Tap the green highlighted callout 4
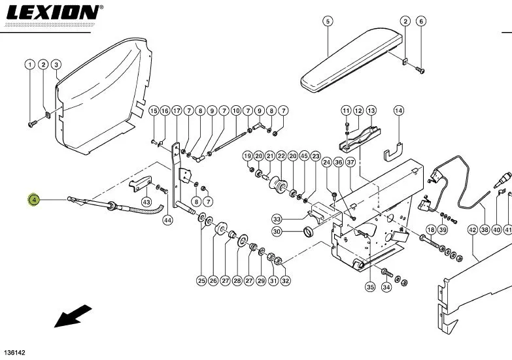34,199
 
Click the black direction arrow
73,316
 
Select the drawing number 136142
14,353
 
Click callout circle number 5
328,22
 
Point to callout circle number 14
399,110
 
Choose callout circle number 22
281,156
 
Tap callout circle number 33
277,219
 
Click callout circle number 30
277,232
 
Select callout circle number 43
146,203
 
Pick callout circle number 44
167,220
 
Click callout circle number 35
370,287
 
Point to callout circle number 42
473,230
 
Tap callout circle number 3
56,65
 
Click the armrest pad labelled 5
351,60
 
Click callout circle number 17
177,111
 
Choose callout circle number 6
421,22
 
